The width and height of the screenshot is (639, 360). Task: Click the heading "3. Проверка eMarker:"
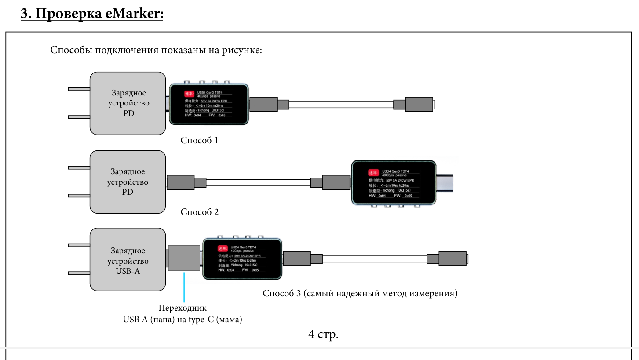pos(92,14)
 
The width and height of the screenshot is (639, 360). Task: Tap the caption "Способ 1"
pos(199,141)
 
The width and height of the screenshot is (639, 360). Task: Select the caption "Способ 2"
pos(199,212)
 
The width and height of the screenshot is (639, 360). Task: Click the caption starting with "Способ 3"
pos(360,293)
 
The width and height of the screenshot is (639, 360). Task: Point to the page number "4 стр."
pos(323,334)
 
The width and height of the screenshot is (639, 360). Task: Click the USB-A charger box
pos(128,259)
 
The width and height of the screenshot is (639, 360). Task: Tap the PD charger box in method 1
pos(128,103)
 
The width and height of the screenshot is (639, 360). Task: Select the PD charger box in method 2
pos(128,182)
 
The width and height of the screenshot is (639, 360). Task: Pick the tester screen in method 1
pos(209,105)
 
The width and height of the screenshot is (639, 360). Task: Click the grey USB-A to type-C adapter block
pos(184,258)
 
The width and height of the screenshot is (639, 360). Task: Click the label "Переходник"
pos(183,308)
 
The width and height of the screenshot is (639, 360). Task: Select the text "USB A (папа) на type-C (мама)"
pos(183,320)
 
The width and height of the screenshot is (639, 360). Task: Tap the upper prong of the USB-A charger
pos(79,245)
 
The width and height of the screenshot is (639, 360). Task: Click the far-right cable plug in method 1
pos(419,105)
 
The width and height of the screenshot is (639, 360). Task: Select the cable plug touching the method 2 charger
pos(180,182)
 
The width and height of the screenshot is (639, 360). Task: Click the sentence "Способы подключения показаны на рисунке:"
pos(156,50)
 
